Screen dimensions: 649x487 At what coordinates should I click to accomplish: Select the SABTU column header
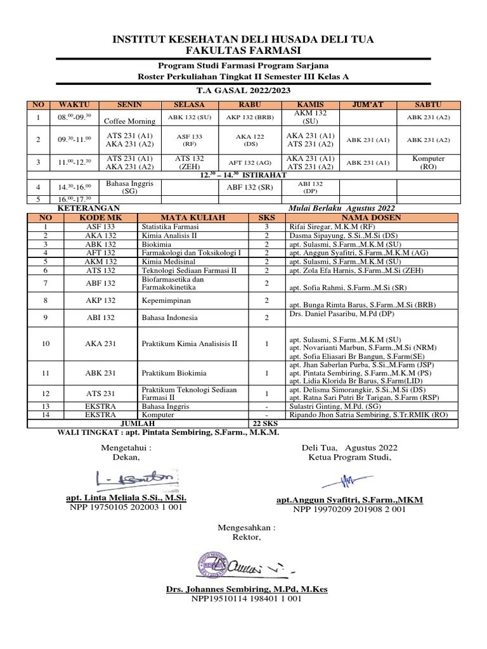pos(429,105)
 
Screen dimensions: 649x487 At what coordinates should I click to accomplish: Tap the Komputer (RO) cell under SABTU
pos(429,162)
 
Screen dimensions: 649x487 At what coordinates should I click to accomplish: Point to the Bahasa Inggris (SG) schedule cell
pos(129,187)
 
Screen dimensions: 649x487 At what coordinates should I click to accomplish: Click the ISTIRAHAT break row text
pos(243,174)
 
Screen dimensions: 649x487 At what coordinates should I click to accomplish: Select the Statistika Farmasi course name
pos(170,226)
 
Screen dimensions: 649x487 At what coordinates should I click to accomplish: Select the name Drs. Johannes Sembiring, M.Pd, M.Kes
pos(246,589)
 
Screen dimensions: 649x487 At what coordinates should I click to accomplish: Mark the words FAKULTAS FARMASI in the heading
pos(243,51)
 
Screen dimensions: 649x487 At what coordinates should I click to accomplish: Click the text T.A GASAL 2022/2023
pos(243,91)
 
